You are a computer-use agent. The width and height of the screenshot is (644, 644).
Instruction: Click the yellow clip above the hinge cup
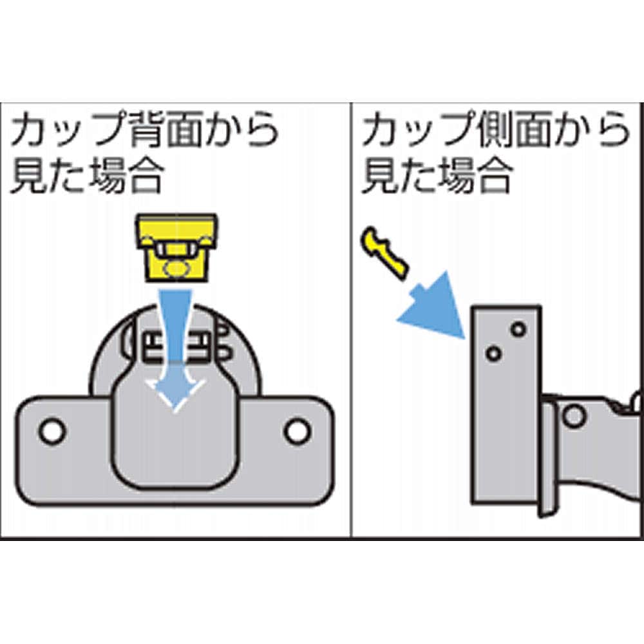point(176,248)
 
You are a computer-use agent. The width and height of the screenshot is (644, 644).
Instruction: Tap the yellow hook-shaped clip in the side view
point(384,252)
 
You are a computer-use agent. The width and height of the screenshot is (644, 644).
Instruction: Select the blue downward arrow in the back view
point(176,349)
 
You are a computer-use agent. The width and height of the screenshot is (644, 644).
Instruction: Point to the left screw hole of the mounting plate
point(52,431)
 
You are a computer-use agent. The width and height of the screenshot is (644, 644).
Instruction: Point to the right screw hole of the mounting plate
point(297,431)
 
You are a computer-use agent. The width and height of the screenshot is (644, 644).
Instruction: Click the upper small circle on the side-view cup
point(518,329)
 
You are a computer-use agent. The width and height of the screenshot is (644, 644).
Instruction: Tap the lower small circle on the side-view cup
point(493,353)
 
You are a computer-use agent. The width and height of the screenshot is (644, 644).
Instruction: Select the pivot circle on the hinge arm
point(574,415)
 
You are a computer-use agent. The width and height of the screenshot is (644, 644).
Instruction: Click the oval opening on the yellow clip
point(176,269)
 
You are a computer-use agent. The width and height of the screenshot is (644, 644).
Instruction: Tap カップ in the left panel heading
point(69,130)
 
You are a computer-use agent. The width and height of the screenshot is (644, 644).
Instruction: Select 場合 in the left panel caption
point(126,176)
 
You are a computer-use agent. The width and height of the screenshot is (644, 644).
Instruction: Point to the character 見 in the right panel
point(379,176)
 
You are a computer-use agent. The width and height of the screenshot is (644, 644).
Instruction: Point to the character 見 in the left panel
point(29,176)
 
